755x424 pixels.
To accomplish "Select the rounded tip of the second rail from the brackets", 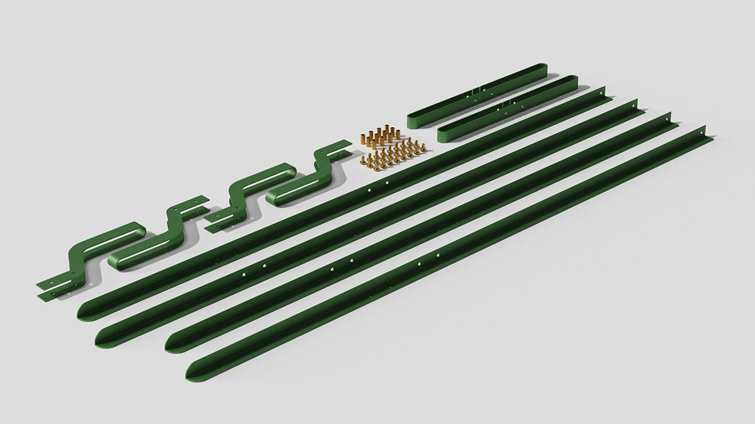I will coord(101,340).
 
